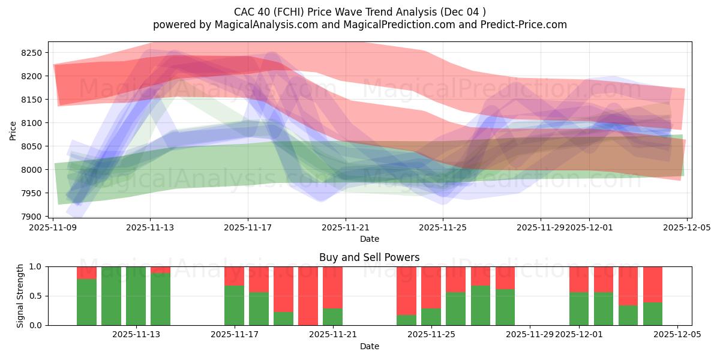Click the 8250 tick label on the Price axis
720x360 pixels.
(31, 53)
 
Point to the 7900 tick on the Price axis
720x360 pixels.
(31, 217)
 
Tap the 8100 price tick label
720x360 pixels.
(31, 123)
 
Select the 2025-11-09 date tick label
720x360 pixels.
(53, 227)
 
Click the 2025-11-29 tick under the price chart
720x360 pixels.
(540, 227)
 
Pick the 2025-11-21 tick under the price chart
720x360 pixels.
(346, 227)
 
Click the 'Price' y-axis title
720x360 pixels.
(13, 130)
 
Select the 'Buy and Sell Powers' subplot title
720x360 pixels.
(369, 257)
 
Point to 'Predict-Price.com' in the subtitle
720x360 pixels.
(526, 25)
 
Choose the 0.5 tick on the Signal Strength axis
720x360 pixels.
(35, 296)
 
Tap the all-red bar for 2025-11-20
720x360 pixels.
(308, 296)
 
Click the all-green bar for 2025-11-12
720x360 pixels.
(111, 296)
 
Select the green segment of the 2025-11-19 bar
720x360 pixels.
(283, 319)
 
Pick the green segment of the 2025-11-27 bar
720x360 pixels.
(480, 305)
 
